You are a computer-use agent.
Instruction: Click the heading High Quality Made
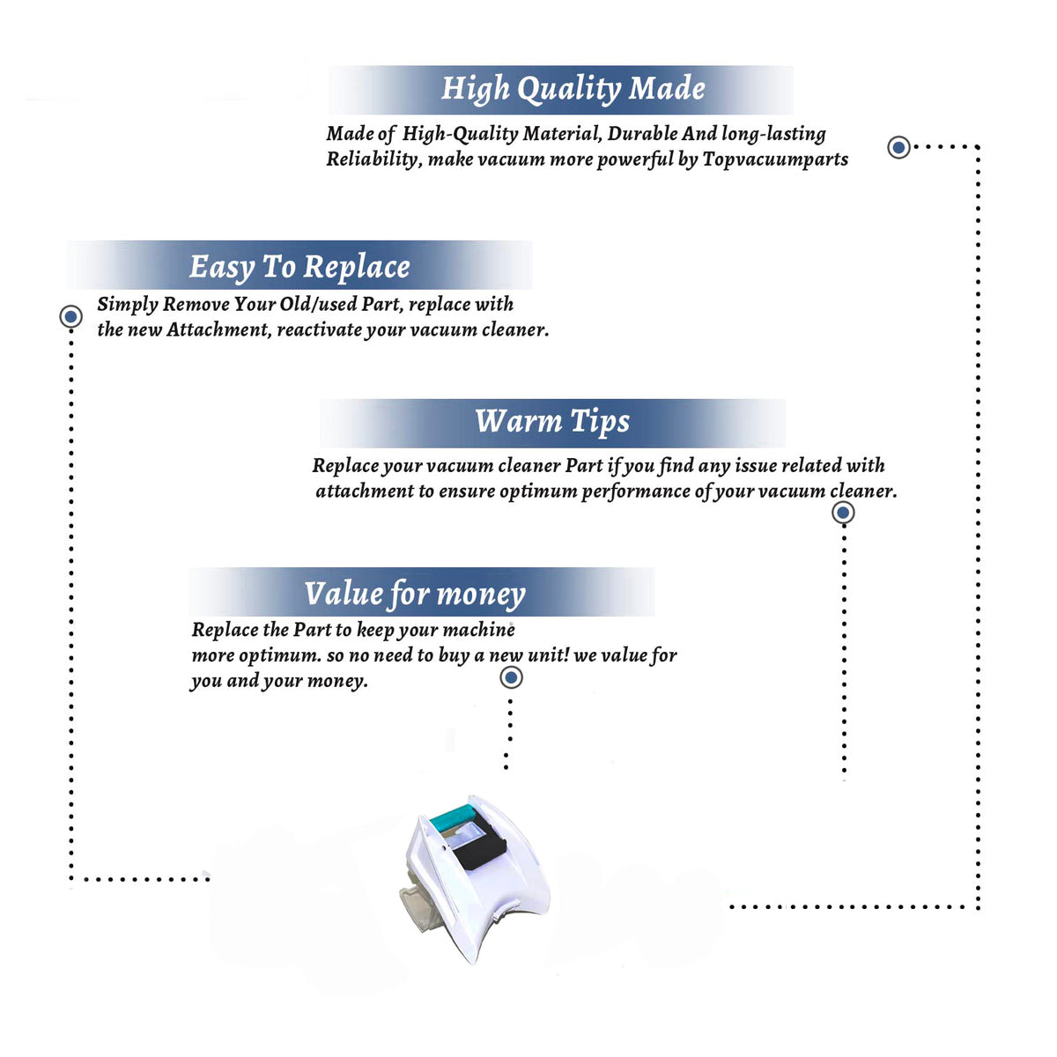tap(573, 89)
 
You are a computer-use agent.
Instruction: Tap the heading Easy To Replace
tap(299, 268)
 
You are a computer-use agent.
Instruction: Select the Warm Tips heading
tap(552, 422)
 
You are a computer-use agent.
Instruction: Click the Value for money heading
tap(415, 595)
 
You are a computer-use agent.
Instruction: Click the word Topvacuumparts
tap(776, 159)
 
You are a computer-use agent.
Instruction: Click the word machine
tap(479, 630)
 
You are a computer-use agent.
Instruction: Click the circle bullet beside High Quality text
tap(898, 147)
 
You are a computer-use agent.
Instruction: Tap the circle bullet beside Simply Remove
tap(70, 316)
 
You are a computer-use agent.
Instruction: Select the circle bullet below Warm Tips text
tap(843, 513)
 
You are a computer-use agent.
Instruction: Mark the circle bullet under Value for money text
tap(511, 678)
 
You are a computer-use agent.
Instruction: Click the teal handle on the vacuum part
tap(452, 817)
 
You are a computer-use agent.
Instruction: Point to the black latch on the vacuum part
tap(480, 843)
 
